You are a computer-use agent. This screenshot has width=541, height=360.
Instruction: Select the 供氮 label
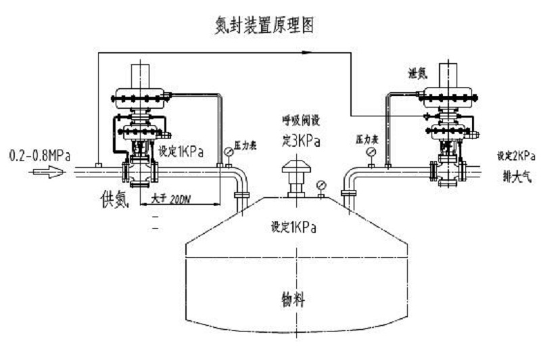111,199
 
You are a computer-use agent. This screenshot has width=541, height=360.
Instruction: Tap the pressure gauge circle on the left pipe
229,152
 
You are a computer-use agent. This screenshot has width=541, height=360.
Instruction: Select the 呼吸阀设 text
300,120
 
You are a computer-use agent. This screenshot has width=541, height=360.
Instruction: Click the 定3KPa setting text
300,142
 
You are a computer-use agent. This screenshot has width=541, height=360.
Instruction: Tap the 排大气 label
515,173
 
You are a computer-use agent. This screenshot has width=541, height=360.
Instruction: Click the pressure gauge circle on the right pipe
371,152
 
